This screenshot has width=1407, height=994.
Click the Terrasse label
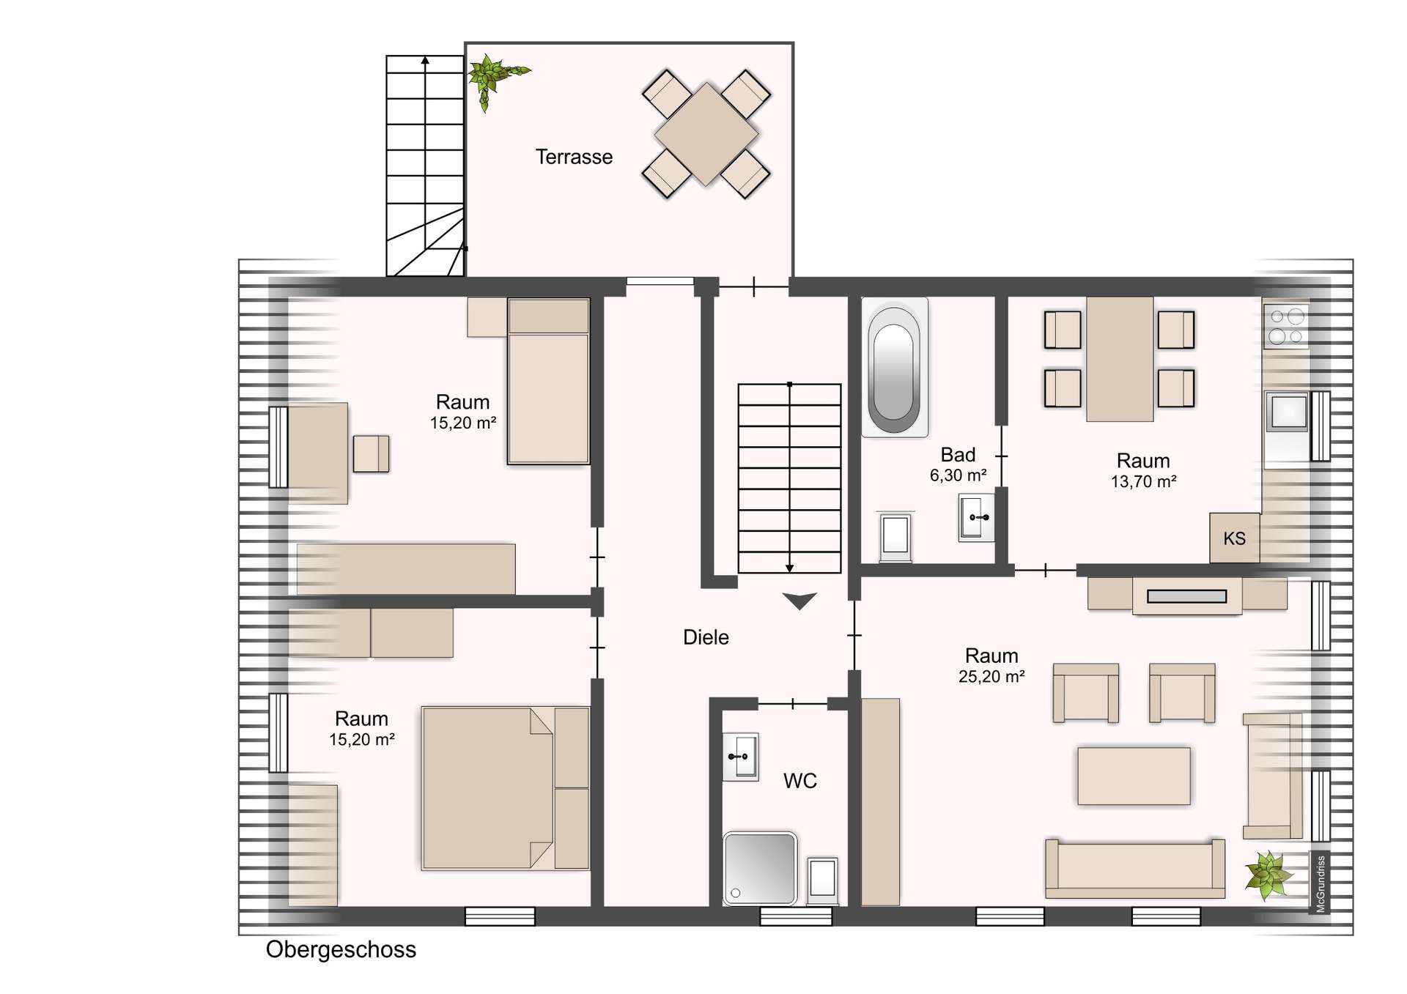(574, 157)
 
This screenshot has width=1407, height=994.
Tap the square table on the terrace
(706, 134)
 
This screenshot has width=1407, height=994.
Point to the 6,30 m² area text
(958, 475)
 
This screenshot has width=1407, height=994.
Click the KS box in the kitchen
(1234, 538)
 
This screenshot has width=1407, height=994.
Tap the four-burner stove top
(1286, 327)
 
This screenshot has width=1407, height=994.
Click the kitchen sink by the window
(1288, 412)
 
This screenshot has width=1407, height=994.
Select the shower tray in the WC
(760, 868)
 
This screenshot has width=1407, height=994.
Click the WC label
(799, 781)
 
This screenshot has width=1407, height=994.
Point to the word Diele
(706, 637)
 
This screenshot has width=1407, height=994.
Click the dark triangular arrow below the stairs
(799, 601)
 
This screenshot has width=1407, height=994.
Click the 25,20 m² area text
(991, 677)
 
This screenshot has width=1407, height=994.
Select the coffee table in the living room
(1134, 776)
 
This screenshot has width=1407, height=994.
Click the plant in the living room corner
(1267, 874)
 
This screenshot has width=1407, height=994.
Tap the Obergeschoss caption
(341, 949)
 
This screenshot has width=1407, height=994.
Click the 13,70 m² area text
(1143, 482)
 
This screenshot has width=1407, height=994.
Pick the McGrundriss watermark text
(1321, 884)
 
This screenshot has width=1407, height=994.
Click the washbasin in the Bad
(977, 517)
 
